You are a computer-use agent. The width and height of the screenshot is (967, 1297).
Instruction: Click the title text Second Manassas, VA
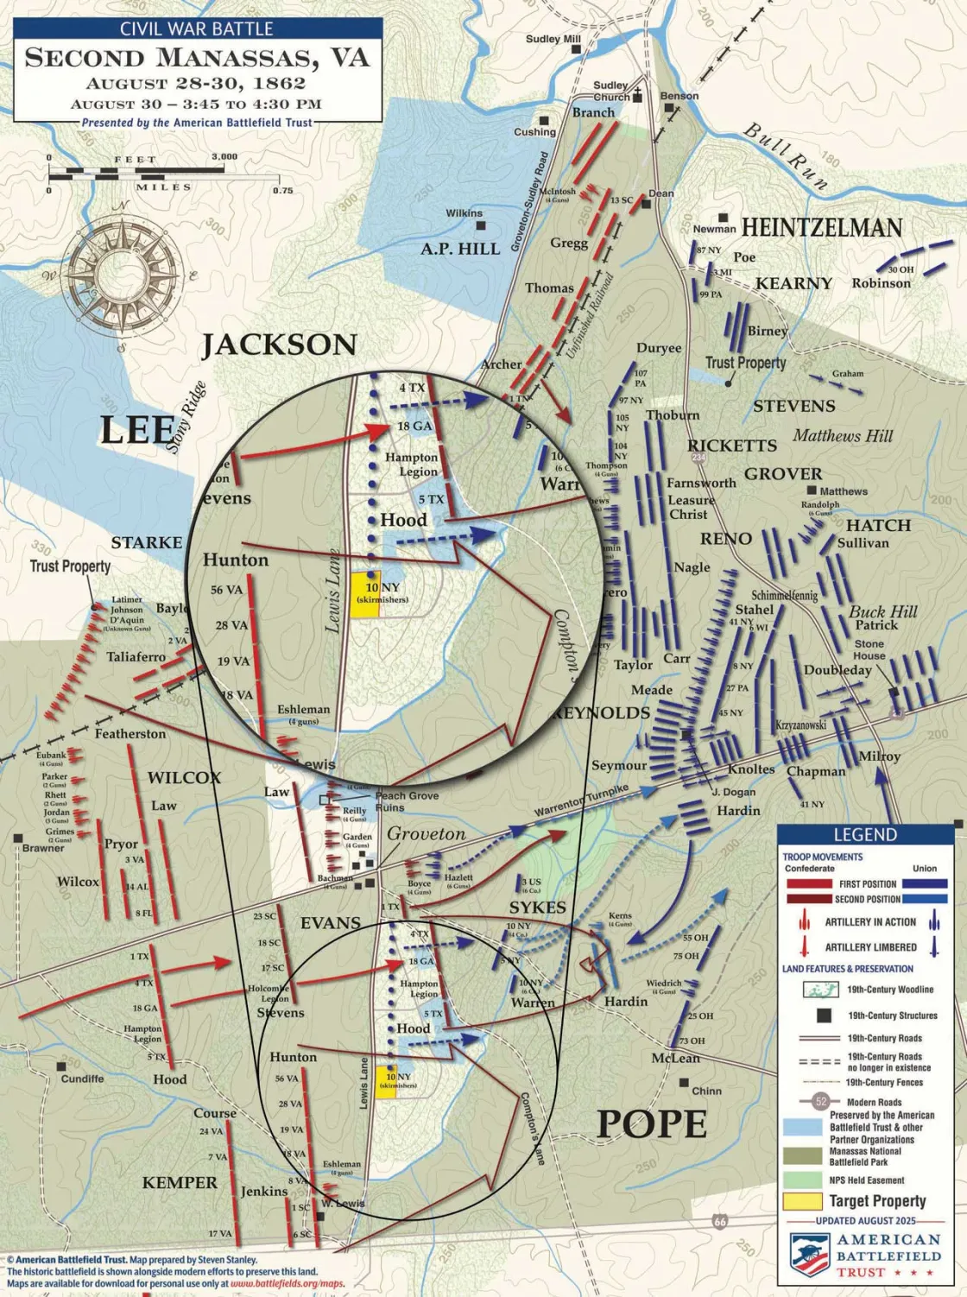point(197,58)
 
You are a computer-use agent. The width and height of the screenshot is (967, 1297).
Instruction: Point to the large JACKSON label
point(279,345)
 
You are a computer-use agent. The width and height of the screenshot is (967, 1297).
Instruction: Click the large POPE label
point(652,1124)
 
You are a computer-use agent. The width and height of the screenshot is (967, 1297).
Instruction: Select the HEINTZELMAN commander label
point(821,228)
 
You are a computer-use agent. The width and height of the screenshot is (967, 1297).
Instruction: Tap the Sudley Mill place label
point(553,39)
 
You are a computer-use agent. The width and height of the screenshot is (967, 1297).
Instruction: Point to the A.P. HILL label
point(460,249)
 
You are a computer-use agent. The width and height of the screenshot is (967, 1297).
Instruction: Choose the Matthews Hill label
point(843,436)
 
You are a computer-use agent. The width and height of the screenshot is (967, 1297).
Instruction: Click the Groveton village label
point(426,834)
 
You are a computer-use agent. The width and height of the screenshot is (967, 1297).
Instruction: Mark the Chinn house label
point(706,1091)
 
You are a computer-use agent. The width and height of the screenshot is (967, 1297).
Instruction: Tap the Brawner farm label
point(43,848)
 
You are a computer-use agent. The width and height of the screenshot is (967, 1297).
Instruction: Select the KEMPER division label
point(180,1182)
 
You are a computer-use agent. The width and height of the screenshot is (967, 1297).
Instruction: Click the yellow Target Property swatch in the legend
point(802,1201)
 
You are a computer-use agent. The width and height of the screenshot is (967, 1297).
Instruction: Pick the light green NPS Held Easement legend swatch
point(802,1180)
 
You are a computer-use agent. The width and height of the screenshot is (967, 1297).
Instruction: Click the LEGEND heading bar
point(865,834)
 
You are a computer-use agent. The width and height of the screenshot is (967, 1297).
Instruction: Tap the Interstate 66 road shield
point(720,1221)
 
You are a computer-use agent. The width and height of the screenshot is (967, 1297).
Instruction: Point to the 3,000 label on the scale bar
point(224,157)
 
